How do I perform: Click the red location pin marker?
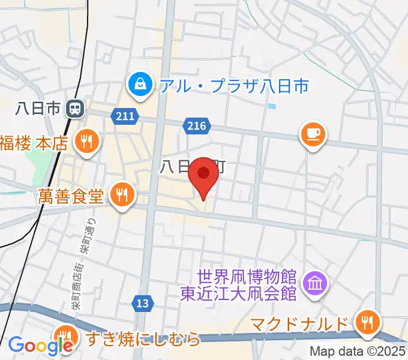tap(203, 175)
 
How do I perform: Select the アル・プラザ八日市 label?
tap(234, 86)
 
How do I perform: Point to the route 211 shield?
tap(124, 114)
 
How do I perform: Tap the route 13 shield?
tap(142, 304)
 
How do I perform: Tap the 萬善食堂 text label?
tap(72, 196)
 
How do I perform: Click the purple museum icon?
tap(314, 281)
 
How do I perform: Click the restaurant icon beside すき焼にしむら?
tap(64, 336)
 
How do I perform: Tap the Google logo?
tap(40, 346)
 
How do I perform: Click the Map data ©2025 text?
tap(357, 352)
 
